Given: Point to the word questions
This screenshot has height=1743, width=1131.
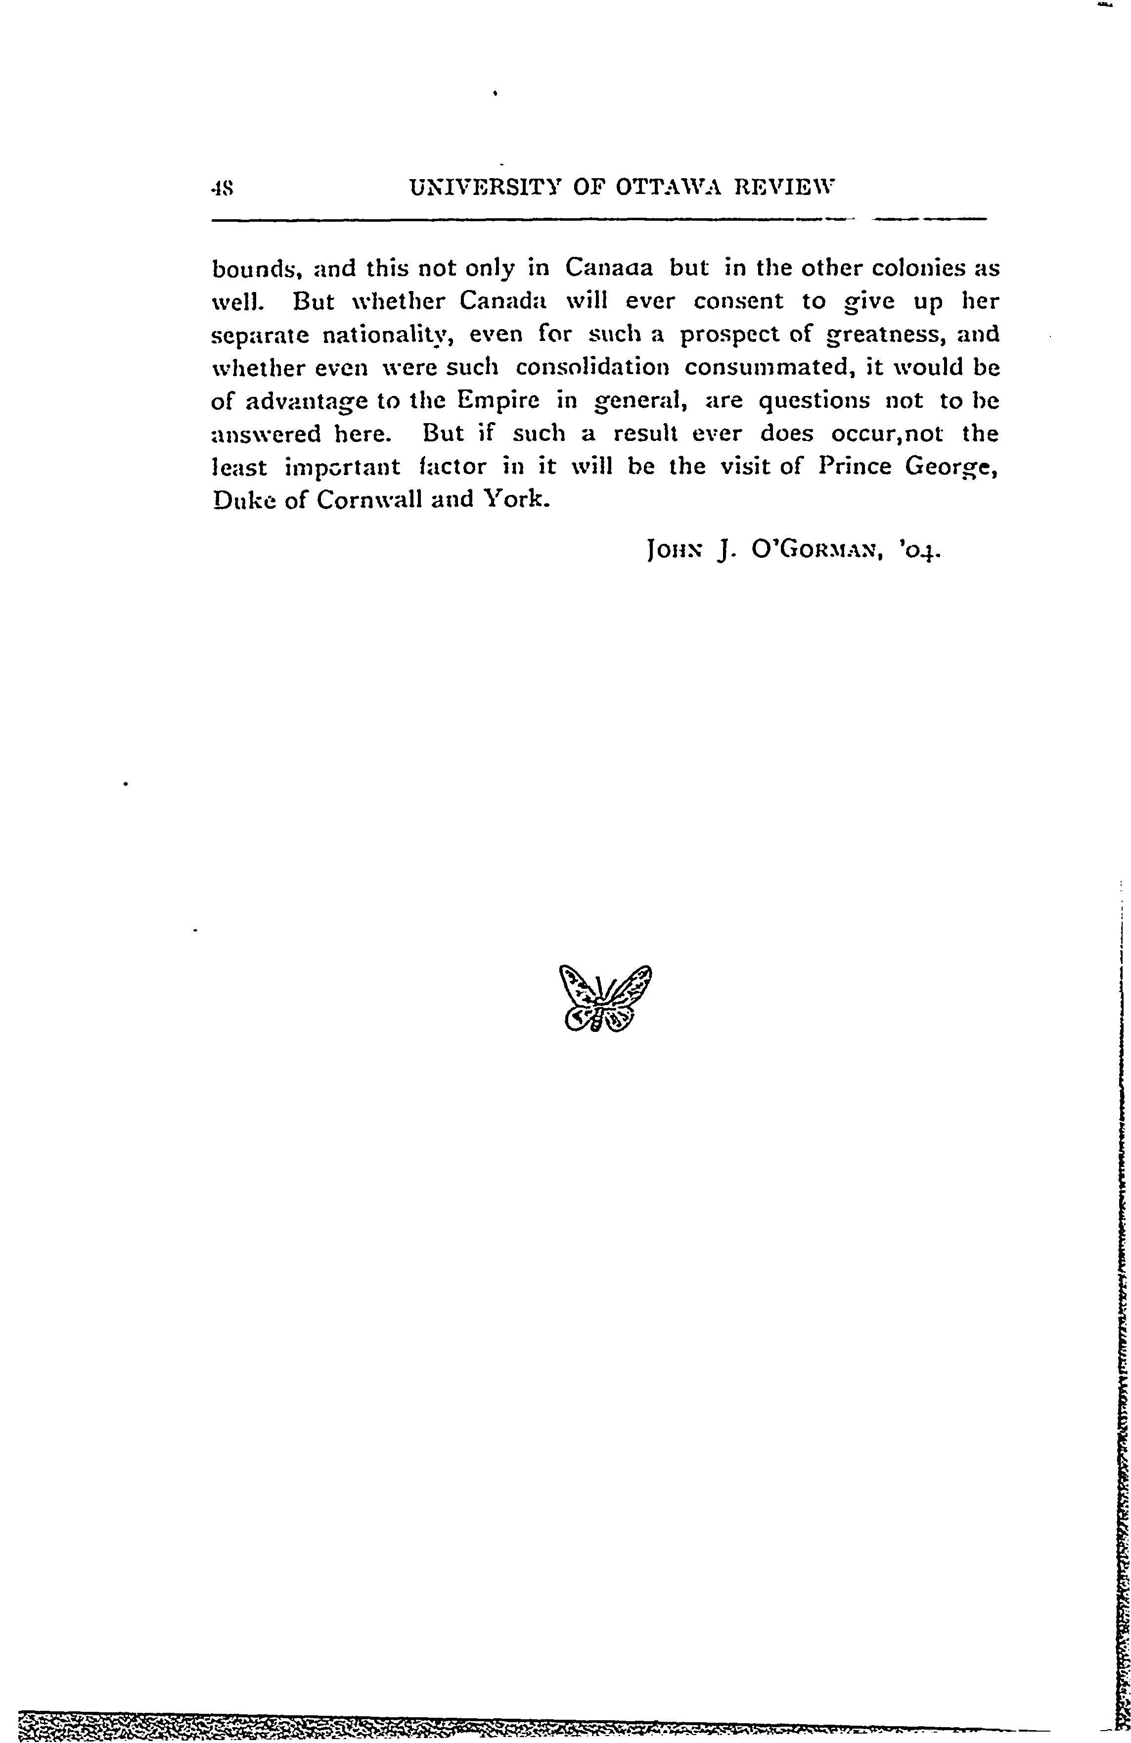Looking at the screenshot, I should click(x=814, y=402).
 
